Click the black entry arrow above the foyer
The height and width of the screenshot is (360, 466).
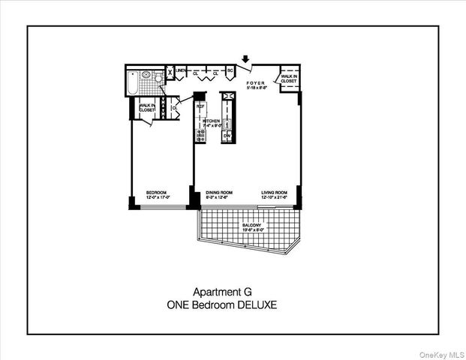click(x=246, y=58)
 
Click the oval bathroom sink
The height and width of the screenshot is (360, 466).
click(x=146, y=76)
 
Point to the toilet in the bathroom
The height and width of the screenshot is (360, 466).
click(x=158, y=78)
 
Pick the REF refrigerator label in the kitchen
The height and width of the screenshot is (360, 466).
click(x=200, y=106)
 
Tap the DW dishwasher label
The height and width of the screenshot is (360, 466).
click(x=226, y=136)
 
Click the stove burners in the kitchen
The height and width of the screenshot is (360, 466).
click(x=200, y=134)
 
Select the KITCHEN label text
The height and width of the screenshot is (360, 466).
click(x=211, y=121)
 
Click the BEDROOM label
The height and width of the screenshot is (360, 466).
click(x=156, y=193)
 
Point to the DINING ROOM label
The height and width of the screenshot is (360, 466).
click(x=220, y=193)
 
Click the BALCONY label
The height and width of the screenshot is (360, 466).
click(x=252, y=224)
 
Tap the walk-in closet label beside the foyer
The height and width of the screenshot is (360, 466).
click(x=289, y=78)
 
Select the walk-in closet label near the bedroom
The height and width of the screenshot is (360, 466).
click(x=146, y=108)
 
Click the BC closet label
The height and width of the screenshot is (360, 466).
click(x=231, y=73)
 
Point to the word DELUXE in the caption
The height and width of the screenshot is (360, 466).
click(x=257, y=305)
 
